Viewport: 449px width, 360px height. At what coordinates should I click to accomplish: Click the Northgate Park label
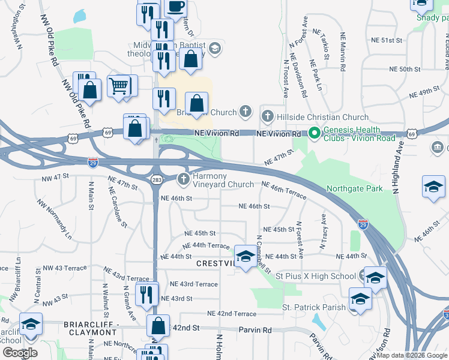point(354,188)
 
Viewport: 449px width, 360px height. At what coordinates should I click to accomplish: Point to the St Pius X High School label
point(315,276)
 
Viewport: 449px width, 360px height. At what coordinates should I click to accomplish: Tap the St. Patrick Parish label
point(314,307)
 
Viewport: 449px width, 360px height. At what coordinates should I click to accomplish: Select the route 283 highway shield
point(155,179)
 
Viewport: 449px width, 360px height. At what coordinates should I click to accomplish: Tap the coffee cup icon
point(175,7)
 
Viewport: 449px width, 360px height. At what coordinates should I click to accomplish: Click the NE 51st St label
point(387,40)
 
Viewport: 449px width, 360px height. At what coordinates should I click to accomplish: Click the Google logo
point(20,352)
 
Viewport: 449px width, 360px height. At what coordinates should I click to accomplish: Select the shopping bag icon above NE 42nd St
point(158,326)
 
